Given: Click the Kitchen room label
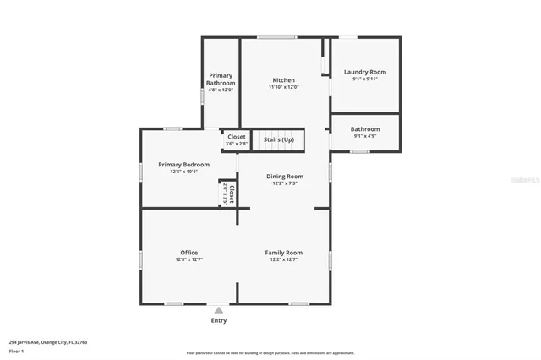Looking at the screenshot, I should [283, 79].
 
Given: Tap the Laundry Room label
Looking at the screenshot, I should [365, 72].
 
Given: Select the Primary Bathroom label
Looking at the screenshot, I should [220, 79].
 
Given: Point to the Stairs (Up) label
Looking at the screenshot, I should [279, 139].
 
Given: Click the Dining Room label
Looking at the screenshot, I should [284, 176].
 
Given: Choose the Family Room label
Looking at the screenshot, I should [284, 252].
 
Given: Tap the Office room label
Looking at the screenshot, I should [189, 252].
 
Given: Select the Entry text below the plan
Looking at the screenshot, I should [218, 320].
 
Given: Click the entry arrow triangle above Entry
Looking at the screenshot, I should [218, 310].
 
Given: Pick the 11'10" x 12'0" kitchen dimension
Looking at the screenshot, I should [284, 87].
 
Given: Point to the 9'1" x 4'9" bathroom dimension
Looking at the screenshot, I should [365, 136].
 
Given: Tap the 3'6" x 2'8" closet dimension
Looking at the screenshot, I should [236, 144].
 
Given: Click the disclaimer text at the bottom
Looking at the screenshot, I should [270, 353].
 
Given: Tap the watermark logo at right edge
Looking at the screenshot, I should [526, 180].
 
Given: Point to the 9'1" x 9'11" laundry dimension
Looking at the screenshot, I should [365, 79].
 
